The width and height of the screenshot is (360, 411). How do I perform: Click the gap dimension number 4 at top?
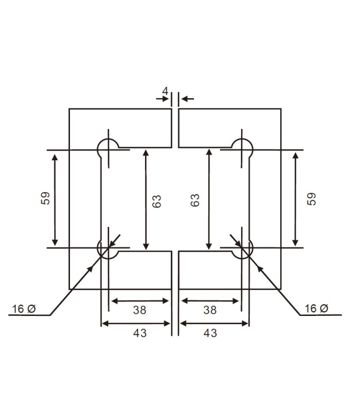point(165,91)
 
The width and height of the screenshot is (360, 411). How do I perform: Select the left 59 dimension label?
point(46,199)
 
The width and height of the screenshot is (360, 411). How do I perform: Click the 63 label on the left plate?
point(157,201)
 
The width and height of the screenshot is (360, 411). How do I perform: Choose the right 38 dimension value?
point(210,310)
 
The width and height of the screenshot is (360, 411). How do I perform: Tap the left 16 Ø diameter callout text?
point(24,309)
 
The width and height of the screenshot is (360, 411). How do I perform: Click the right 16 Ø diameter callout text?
point(316,309)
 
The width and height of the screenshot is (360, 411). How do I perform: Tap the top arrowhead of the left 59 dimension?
point(55,155)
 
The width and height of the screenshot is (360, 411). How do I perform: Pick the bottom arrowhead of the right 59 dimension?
point(295,243)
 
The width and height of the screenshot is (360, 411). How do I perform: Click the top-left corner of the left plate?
point(69,109)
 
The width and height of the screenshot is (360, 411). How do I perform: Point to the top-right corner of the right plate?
point(281,109)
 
